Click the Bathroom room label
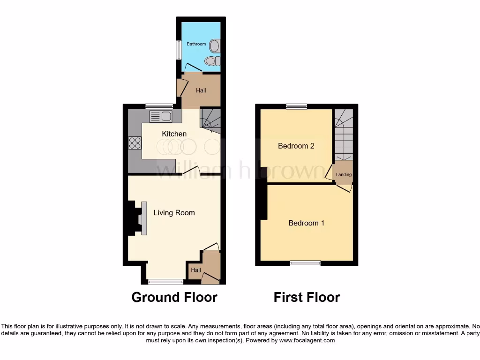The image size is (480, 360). (x=196, y=44)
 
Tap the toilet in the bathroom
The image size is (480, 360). (x=212, y=61)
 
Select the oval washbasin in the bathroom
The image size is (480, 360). (x=214, y=45)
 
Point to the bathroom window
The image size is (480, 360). (x=179, y=50)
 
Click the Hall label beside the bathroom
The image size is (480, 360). (x=201, y=90)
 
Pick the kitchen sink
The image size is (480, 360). (x=161, y=116)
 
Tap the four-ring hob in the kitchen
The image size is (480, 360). (x=135, y=142)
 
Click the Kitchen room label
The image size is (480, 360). (x=174, y=134)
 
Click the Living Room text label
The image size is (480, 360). (x=174, y=213)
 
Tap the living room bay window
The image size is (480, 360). (x=166, y=282)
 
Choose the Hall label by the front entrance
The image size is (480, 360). (x=196, y=270)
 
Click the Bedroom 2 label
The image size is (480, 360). (x=296, y=146)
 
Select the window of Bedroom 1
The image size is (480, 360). (x=305, y=263)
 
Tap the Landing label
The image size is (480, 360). (x=344, y=175)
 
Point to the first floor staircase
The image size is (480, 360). (x=343, y=135)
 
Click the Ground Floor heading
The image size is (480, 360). (x=174, y=297)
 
